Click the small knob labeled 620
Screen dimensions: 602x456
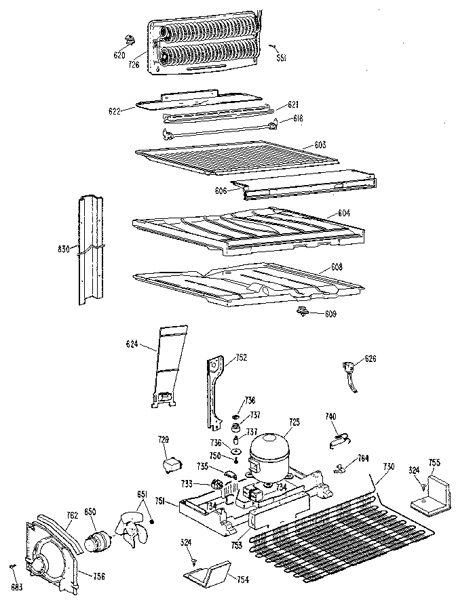click(x=129, y=38)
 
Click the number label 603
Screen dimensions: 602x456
click(x=320, y=145)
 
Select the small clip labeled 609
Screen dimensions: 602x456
click(x=303, y=311)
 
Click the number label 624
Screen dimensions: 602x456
click(x=132, y=345)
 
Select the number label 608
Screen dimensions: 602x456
click(x=337, y=266)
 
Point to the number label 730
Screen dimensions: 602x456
click(x=388, y=466)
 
